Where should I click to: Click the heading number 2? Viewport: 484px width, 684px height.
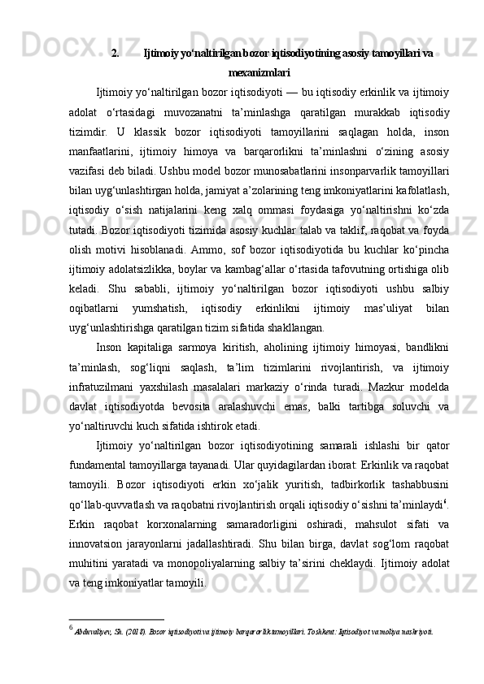click(115, 54)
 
